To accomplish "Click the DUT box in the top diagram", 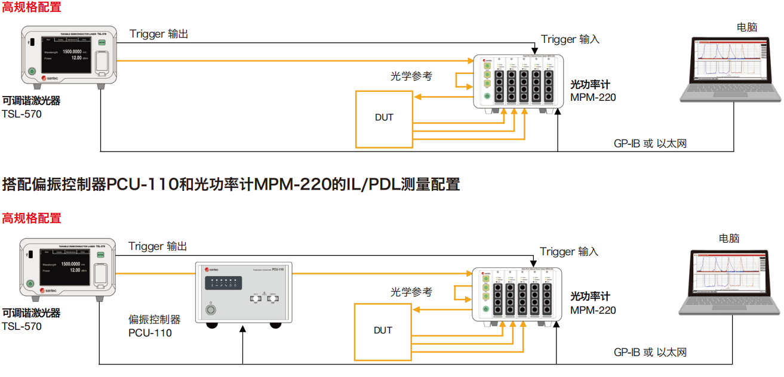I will click(384, 118).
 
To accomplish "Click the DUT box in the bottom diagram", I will click(383, 330).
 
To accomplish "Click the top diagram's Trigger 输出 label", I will click(159, 34).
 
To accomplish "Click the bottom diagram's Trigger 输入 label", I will click(569, 252).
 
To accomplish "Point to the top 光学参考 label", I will click(411, 76).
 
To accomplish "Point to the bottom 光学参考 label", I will click(411, 292).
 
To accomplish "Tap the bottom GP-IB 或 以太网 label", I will click(650, 353).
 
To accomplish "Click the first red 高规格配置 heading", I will click(32, 8).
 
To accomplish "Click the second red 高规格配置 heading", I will click(32, 218).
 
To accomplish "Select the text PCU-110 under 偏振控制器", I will click(150, 333).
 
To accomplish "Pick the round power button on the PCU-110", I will click(209, 310).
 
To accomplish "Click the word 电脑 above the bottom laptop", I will click(729, 239).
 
